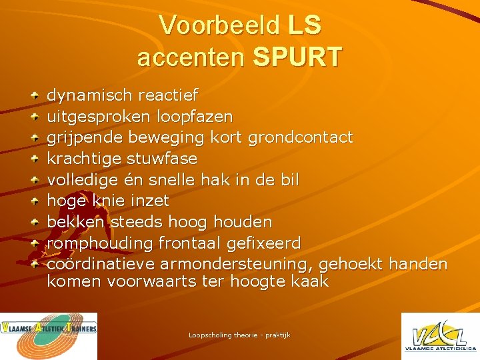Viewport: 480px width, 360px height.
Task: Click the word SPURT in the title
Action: tap(297, 57)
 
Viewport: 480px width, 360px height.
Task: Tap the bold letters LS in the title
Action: tap(305, 25)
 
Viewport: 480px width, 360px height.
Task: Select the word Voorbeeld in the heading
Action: tap(219, 25)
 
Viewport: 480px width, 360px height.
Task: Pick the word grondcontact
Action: tap(300, 138)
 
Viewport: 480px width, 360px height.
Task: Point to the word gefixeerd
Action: tap(264, 243)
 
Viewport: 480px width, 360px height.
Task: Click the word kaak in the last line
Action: tap(309, 281)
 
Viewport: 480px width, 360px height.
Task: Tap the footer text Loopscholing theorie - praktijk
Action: tap(239, 335)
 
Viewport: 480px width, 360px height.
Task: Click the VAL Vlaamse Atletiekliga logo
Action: tap(439, 336)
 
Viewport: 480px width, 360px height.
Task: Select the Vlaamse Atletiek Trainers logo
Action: tap(49, 336)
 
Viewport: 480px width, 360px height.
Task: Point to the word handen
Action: tap(417, 264)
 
